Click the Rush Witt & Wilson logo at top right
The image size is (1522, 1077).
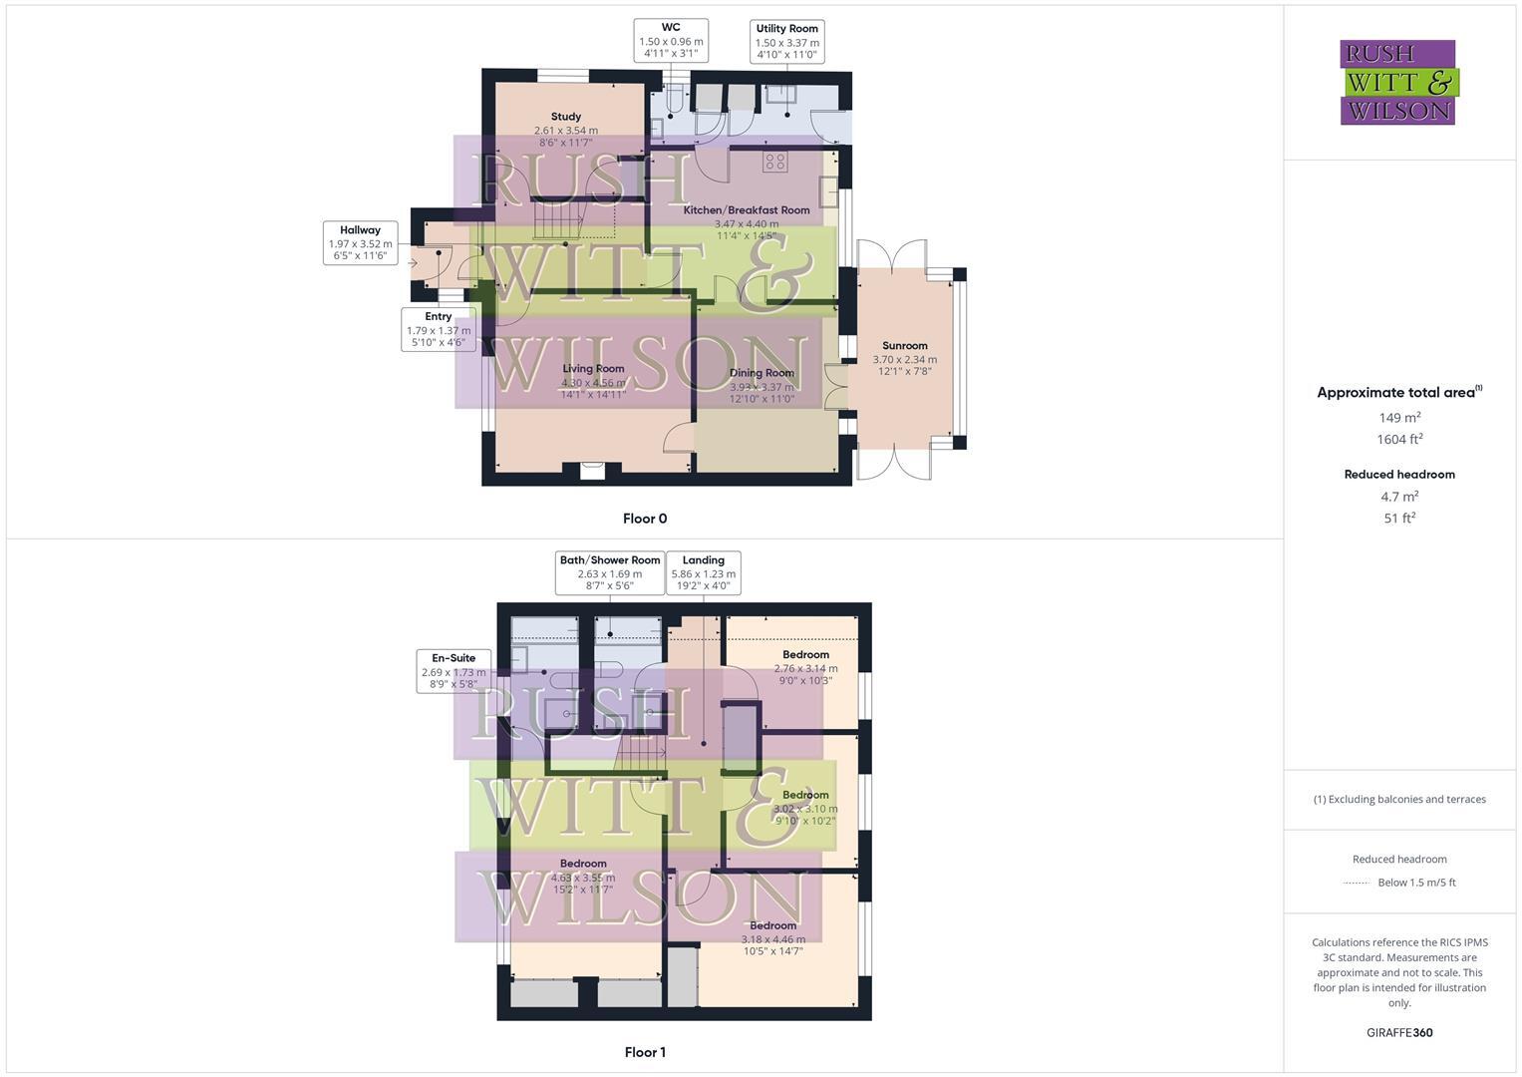1397,83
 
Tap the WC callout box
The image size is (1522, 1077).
671,41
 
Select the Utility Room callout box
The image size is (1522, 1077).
786,42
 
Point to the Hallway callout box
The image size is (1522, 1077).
360,243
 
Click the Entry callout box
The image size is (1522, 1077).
438,329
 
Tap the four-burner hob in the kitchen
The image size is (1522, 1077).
775,162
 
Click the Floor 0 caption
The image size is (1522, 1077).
645,519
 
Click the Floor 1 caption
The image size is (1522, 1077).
645,1052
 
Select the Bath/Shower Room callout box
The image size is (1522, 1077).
609,573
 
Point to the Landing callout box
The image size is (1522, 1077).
703,573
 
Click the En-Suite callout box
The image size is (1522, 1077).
454,671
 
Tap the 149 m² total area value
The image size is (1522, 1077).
1399,418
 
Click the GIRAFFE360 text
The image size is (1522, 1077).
1399,1033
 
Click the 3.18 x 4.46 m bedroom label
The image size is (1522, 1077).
773,938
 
